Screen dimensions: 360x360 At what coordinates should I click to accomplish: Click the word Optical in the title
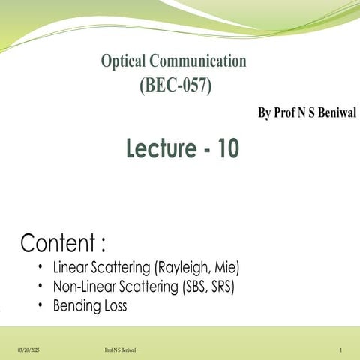[125, 61]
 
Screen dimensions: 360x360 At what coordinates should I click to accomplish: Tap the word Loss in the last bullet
[115, 305]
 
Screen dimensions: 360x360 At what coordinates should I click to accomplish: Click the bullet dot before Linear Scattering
[39, 266]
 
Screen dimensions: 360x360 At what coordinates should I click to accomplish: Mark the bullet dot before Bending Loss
[39, 305]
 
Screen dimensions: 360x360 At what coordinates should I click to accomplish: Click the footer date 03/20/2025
[28, 350]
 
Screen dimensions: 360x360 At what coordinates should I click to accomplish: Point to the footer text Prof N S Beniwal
[121, 350]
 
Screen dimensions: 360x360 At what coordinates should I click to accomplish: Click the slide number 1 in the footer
[340, 350]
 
